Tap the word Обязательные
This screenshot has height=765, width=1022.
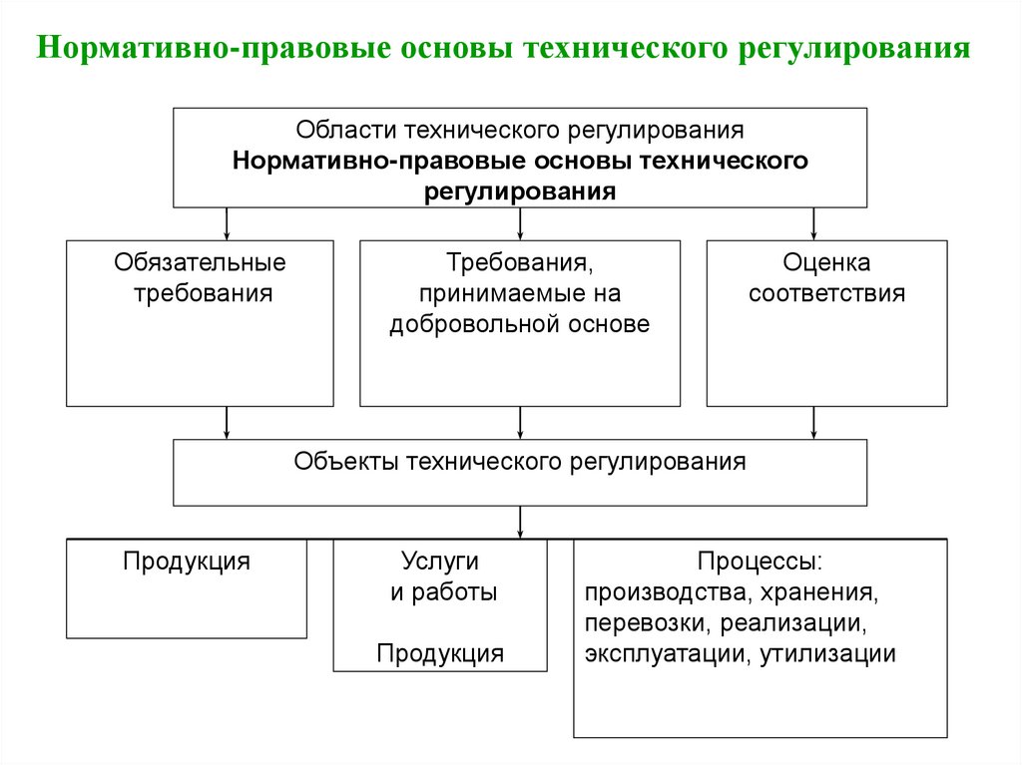(200, 263)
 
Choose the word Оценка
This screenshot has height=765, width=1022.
(826, 263)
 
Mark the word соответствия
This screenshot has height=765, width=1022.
(826, 294)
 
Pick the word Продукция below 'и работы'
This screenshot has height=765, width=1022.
(440, 653)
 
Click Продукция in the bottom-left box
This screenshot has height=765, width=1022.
(187, 561)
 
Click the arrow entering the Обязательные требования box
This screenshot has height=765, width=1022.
(228, 223)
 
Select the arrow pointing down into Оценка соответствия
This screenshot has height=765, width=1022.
(814, 223)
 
